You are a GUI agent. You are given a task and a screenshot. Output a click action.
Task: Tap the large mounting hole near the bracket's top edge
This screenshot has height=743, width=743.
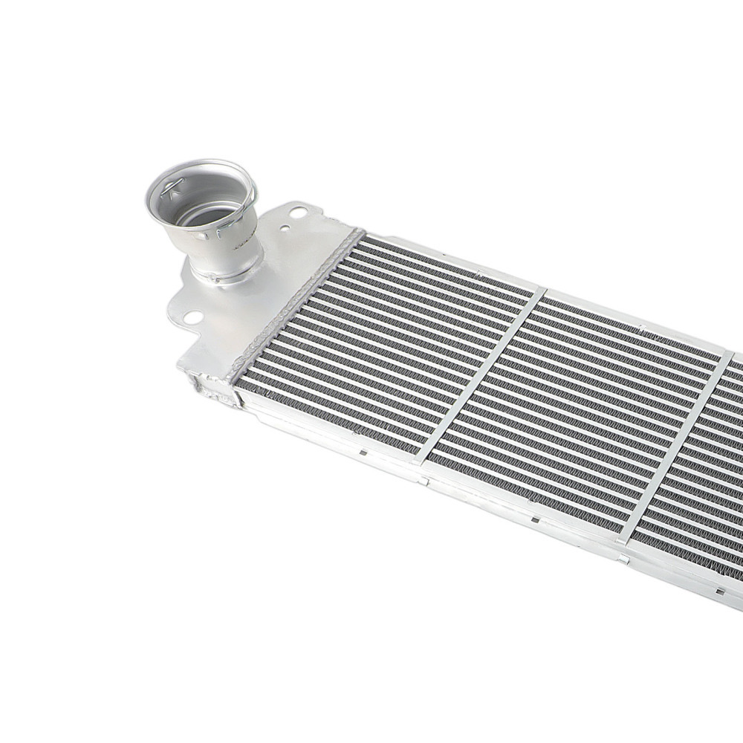298,212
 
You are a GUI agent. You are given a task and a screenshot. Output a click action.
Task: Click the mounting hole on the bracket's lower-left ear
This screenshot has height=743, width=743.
192,317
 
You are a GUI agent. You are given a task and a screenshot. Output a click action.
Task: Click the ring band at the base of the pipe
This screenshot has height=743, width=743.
223,276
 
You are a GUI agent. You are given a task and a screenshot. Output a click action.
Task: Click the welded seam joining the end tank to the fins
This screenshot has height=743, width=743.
297,305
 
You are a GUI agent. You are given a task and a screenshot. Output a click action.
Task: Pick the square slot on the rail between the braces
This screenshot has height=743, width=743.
535,519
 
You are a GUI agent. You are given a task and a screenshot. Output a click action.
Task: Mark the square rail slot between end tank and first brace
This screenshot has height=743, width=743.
362,451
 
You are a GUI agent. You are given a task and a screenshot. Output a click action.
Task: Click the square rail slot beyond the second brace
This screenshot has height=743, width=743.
719,591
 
